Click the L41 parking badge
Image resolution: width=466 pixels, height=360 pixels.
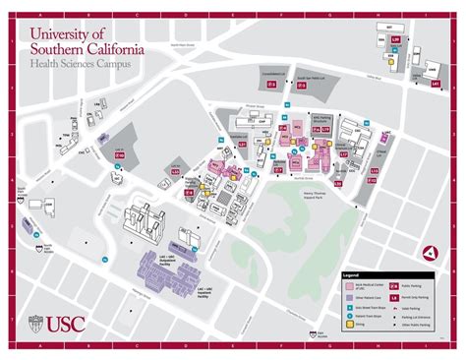(x=435, y=86)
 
